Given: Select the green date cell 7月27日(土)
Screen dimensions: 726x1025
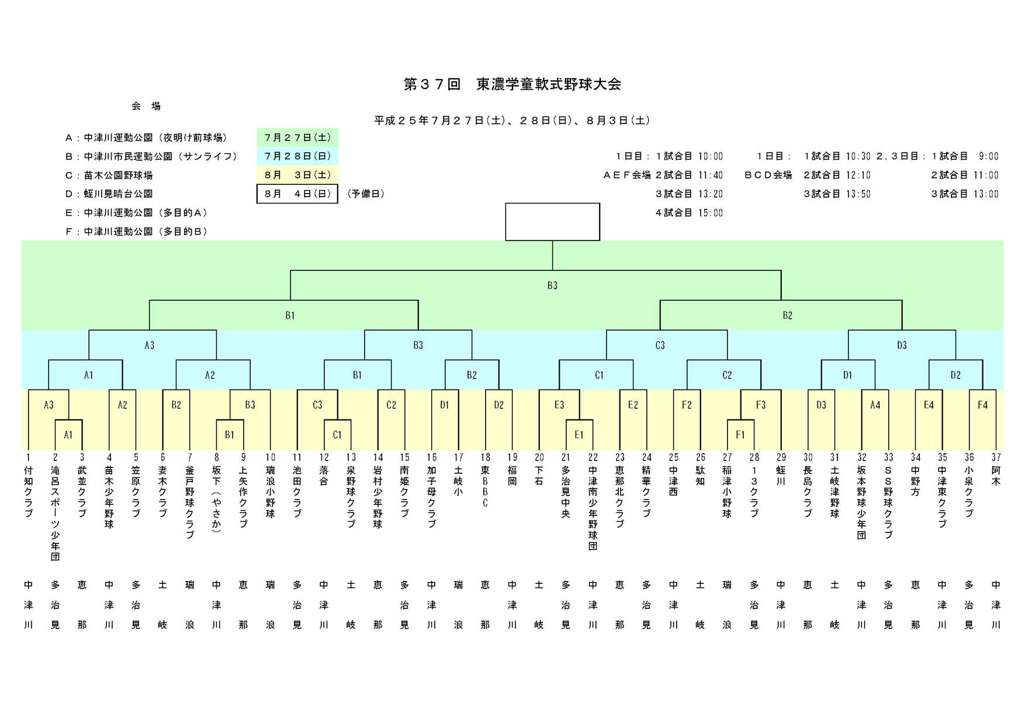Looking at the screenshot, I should [x=297, y=137].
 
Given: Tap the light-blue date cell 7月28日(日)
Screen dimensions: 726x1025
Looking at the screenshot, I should [x=297, y=156].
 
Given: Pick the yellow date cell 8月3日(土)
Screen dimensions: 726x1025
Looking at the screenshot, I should [x=297, y=175].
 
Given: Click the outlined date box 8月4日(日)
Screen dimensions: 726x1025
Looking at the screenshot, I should [x=297, y=194].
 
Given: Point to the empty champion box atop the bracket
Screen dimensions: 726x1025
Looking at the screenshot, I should [x=552, y=222].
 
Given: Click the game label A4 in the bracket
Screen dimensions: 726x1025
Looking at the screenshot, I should [x=875, y=405].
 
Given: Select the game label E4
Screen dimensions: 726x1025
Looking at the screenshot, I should [x=929, y=405].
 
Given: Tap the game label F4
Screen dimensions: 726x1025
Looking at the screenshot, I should [x=982, y=405].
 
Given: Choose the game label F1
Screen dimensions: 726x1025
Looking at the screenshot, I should [x=740, y=435].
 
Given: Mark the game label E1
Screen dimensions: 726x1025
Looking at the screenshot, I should [x=579, y=435].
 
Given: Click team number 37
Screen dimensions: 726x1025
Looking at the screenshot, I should [x=996, y=457].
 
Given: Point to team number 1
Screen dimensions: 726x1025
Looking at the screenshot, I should [x=28, y=457].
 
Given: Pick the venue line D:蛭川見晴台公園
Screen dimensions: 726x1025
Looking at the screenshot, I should [x=109, y=194].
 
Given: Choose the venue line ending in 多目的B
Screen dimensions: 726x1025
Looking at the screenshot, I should [x=137, y=232].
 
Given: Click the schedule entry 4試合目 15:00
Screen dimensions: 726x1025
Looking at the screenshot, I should [x=689, y=213].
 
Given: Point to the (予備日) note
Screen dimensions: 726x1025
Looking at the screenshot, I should [x=366, y=194].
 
